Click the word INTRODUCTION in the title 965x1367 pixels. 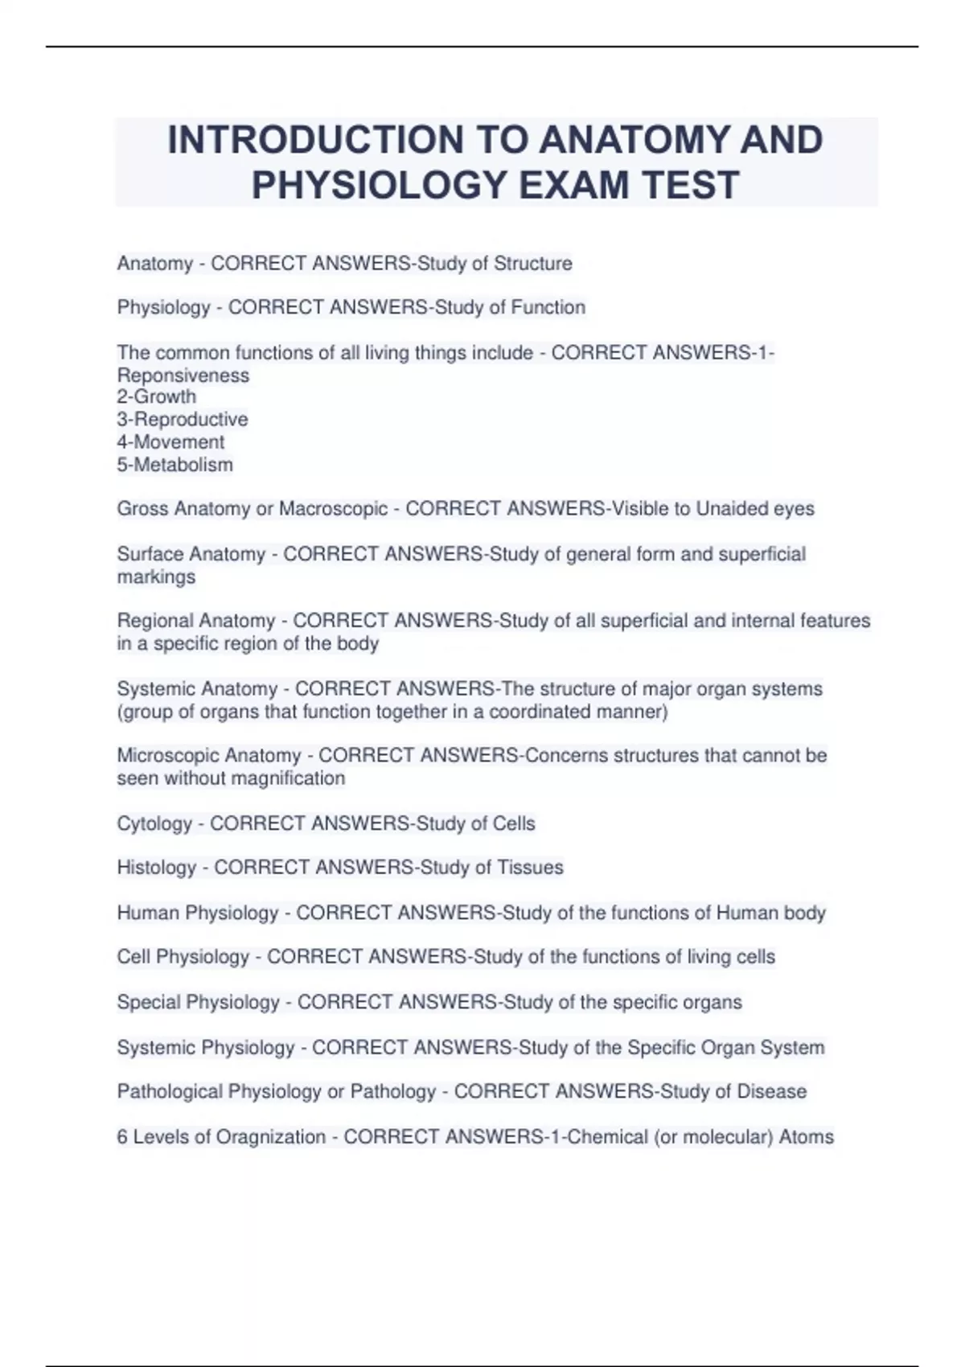(314, 140)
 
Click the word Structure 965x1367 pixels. (532, 264)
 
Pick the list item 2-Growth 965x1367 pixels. (157, 396)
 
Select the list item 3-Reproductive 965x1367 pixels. (183, 419)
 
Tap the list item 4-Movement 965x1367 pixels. (171, 441)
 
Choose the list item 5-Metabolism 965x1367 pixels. (175, 465)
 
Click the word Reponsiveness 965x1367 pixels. (183, 375)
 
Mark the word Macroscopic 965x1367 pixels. (333, 509)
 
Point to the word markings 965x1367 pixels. (156, 577)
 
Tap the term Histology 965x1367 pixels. (157, 868)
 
